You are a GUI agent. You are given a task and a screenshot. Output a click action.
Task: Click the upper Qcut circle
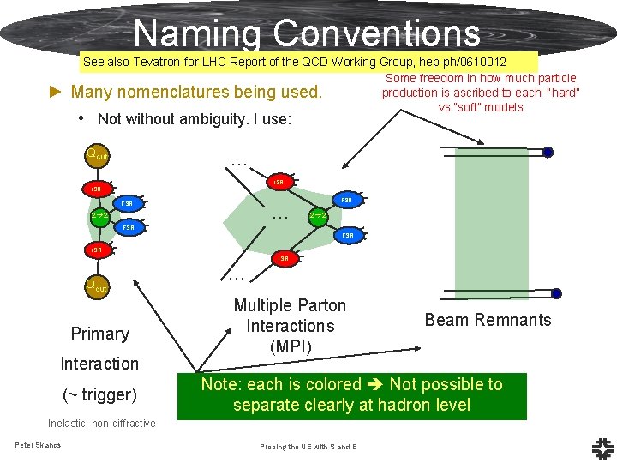point(96,155)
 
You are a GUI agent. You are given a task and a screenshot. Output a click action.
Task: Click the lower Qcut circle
point(95,286)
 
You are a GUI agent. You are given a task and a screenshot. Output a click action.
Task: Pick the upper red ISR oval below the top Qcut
point(97,188)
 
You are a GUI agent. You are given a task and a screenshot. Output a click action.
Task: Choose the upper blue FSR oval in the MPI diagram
point(347,200)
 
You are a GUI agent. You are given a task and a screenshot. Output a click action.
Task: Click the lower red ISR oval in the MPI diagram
point(283,257)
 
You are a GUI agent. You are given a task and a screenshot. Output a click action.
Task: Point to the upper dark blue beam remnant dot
point(548,153)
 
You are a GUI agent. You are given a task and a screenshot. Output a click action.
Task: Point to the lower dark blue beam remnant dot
point(556,293)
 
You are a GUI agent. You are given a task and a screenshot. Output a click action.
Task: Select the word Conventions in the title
point(377,33)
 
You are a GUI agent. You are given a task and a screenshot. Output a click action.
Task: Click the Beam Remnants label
point(488,320)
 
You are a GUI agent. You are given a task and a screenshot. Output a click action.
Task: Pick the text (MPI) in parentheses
point(290,346)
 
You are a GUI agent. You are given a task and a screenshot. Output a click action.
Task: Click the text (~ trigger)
point(99,394)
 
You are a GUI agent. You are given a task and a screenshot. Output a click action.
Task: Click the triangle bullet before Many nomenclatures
point(57,92)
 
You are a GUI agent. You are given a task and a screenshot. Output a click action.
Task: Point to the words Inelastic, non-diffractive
point(101,424)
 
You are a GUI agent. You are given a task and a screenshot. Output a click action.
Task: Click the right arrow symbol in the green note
point(374,385)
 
